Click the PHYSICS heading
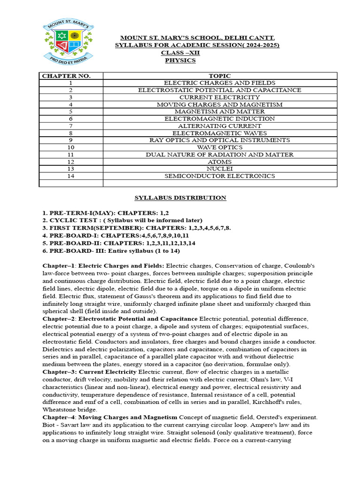tap(180, 60)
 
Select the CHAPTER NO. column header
tap(66, 76)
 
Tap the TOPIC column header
tap(220, 76)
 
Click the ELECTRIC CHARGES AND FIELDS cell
tap(220, 83)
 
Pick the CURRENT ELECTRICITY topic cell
tap(220, 97)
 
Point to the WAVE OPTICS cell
tap(220, 147)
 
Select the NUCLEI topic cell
tap(220, 169)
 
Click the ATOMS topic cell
tap(220, 162)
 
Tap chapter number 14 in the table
tap(71, 176)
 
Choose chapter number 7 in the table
tap(71, 126)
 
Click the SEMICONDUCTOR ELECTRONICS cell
tap(220, 176)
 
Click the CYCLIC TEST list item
tap(122, 220)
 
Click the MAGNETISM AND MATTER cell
tap(220, 112)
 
